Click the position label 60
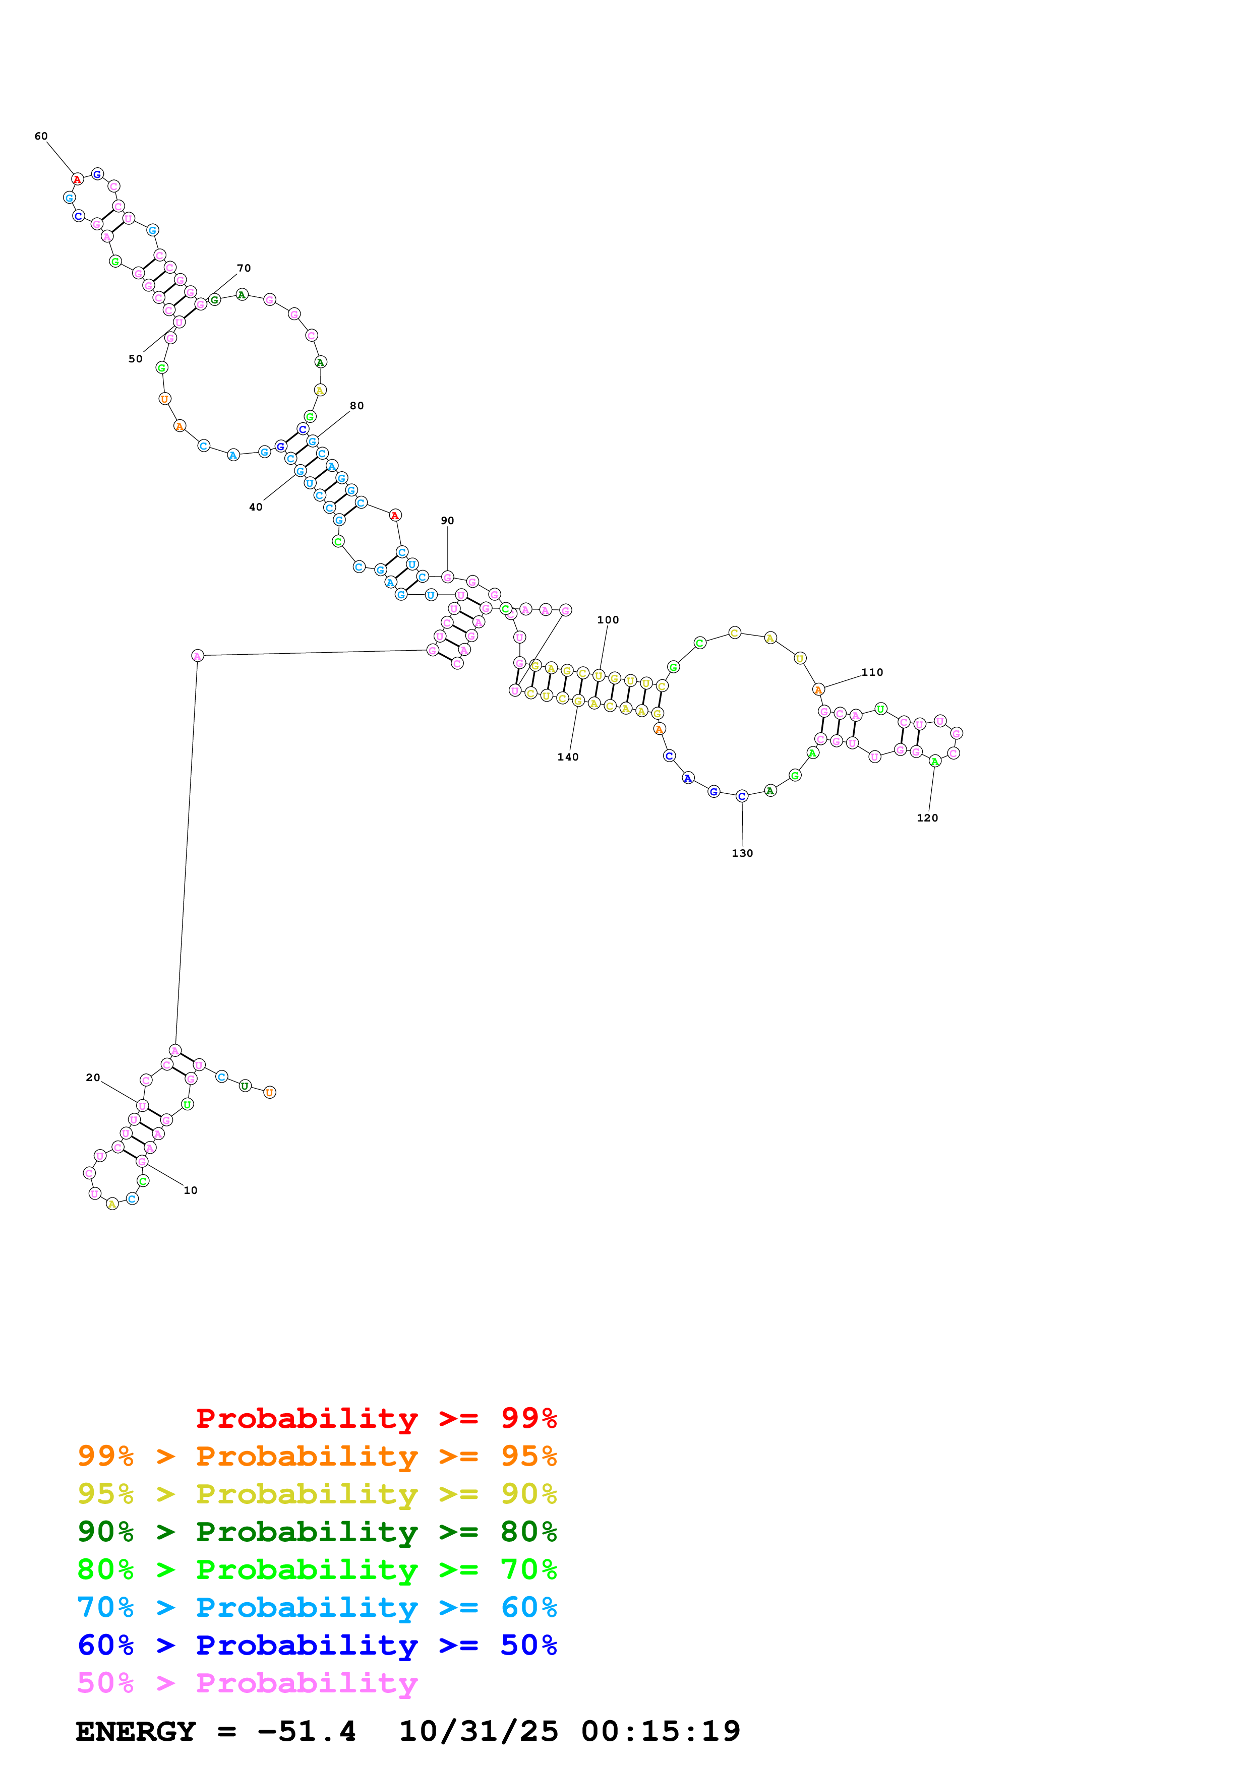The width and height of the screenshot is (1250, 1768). click(x=41, y=136)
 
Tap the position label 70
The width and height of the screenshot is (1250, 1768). click(x=244, y=268)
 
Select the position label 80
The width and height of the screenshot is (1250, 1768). click(x=356, y=406)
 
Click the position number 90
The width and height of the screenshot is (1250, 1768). click(x=447, y=521)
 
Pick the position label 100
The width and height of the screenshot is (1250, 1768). click(x=608, y=620)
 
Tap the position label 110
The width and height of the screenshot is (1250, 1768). click(x=872, y=672)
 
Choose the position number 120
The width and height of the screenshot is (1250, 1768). click(x=927, y=818)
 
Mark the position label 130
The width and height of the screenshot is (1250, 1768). click(x=742, y=853)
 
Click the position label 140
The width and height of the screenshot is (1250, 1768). click(x=568, y=757)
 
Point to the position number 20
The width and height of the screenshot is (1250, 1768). click(x=92, y=1077)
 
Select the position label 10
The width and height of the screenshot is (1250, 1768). click(x=190, y=1190)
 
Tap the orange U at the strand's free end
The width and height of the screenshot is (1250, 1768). click(x=270, y=1092)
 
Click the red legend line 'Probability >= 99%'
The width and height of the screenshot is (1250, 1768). click(x=376, y=1418)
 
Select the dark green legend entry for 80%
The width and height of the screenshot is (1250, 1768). click(x=317, y=1532)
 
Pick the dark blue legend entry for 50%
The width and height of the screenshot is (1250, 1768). click(x=317, y=1645)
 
